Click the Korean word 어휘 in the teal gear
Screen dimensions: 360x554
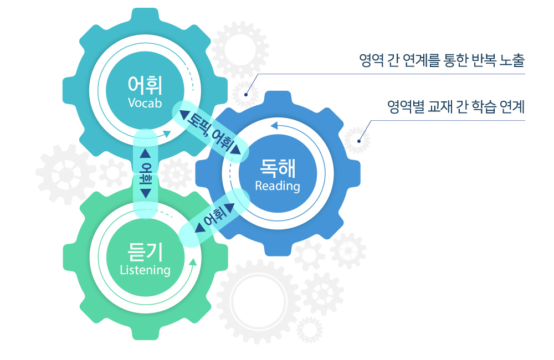[145, 84]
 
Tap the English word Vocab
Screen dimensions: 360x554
[145, 103]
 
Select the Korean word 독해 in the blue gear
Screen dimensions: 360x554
[278, 167]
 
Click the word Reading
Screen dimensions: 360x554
[278, 186]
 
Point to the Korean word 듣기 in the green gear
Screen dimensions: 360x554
[145, 252]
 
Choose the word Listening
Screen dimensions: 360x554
[145, 270]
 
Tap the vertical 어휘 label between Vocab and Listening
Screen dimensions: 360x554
[146, 173]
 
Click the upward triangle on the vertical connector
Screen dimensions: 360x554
[146, 153]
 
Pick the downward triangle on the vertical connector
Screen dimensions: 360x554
[146, 193]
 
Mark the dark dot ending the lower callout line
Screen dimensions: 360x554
[359, 141]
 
